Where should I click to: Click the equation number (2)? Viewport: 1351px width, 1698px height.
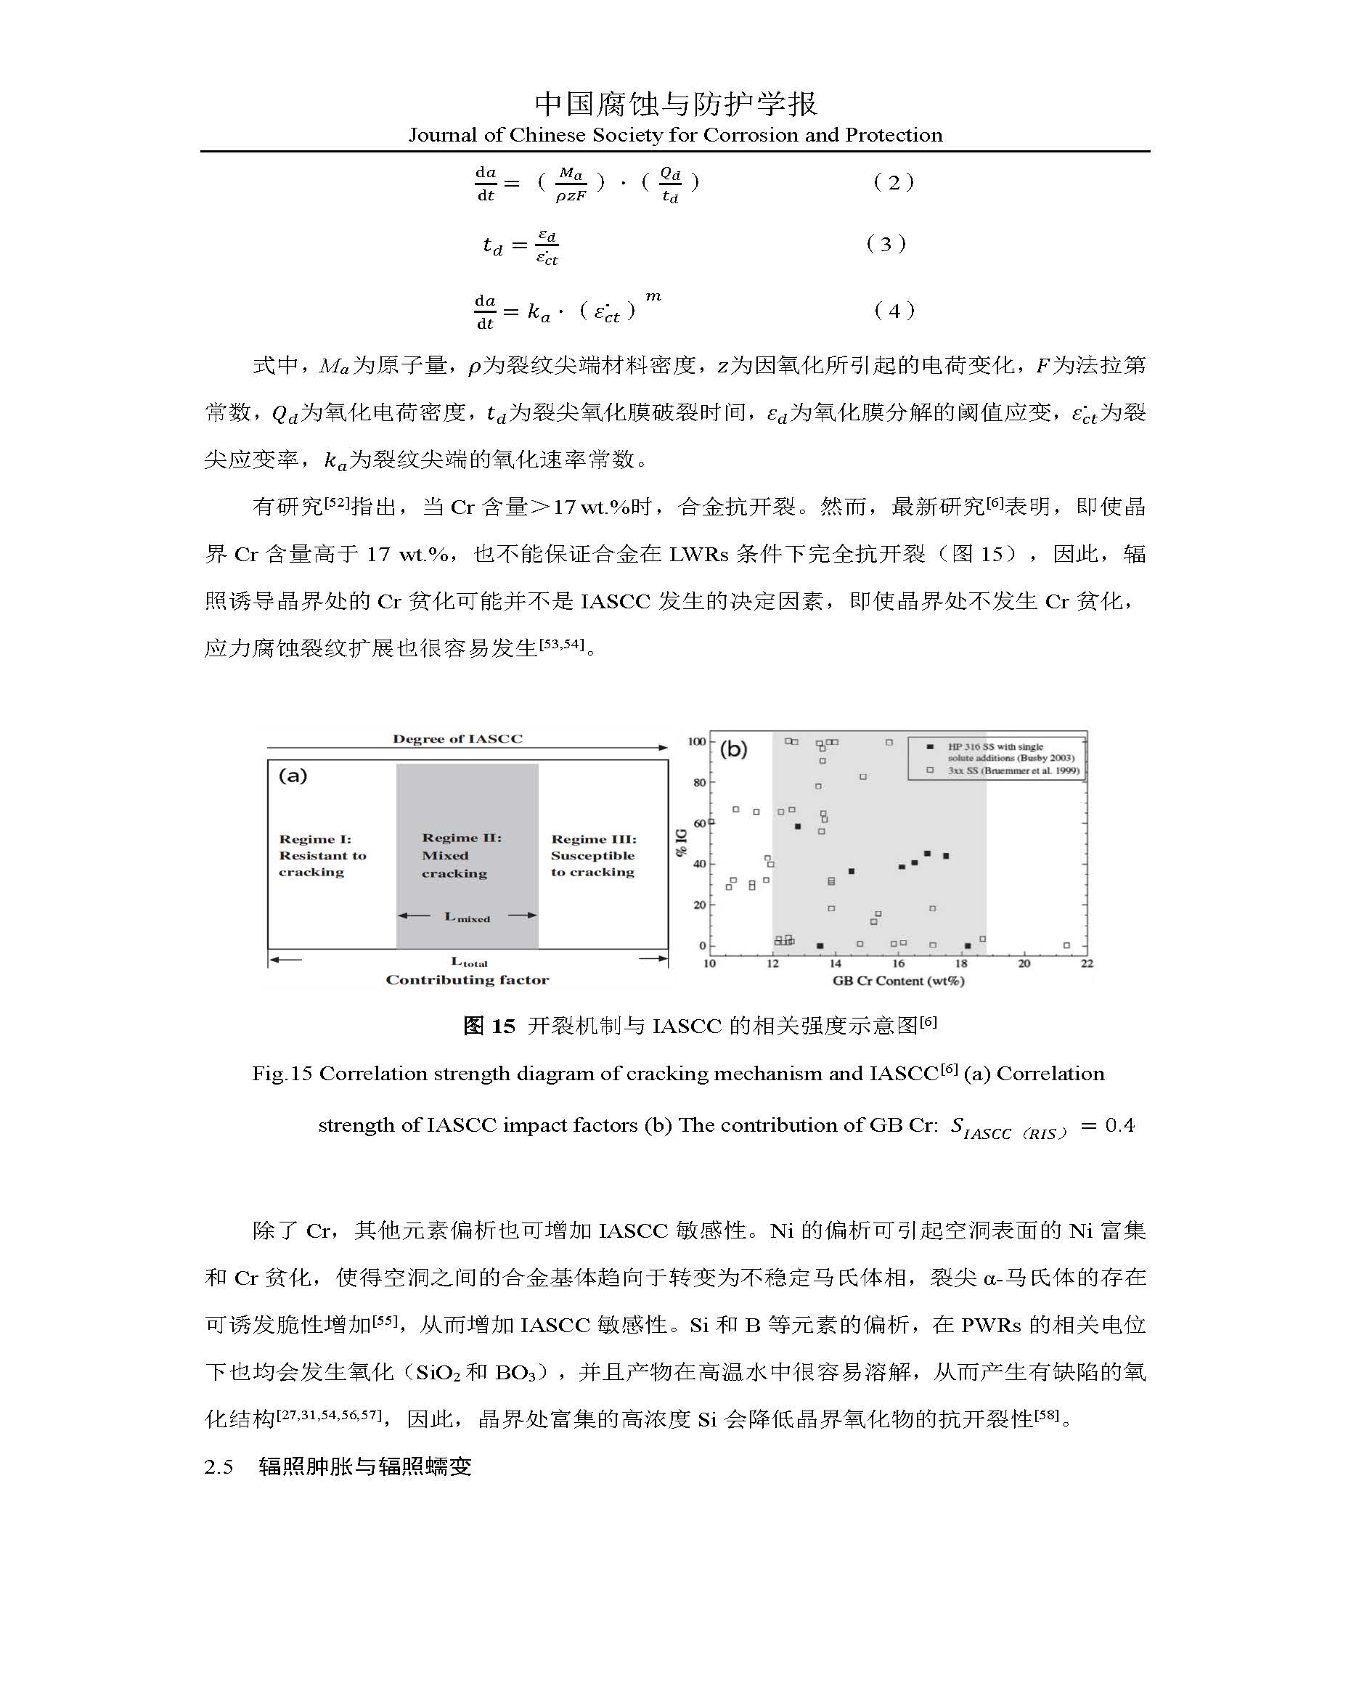(894, 183)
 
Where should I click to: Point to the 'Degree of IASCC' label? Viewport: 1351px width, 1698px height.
(457, 739)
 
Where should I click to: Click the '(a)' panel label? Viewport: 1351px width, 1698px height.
(293, 776)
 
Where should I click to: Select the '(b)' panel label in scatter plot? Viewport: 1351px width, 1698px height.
(733, 748)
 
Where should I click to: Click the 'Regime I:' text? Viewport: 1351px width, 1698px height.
(315, 838)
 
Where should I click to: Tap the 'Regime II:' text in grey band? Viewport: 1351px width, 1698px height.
(462, 837)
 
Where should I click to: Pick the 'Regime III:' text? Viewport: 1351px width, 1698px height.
(594, 838)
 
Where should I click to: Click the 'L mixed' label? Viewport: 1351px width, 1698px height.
(467, 917)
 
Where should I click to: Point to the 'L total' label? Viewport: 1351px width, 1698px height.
(469, 962)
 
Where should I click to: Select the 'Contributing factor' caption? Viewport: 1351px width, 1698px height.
(467, 980)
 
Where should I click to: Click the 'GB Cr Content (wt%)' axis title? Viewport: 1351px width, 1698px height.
(898, 981)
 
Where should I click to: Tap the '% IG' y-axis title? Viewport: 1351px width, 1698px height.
(682, 843)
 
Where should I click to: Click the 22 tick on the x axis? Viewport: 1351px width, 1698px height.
(1087, 963)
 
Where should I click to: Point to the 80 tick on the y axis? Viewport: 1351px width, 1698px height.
(699, 782)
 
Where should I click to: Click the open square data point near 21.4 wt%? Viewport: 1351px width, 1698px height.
(1066, 945)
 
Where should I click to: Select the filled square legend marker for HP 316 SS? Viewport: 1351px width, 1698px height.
(931, 746)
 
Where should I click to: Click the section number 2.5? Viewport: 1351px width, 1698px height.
(219, 1466)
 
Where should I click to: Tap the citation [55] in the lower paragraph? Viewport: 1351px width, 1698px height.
(385, 1320)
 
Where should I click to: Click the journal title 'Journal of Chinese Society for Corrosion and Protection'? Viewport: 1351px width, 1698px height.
(675, 135)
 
